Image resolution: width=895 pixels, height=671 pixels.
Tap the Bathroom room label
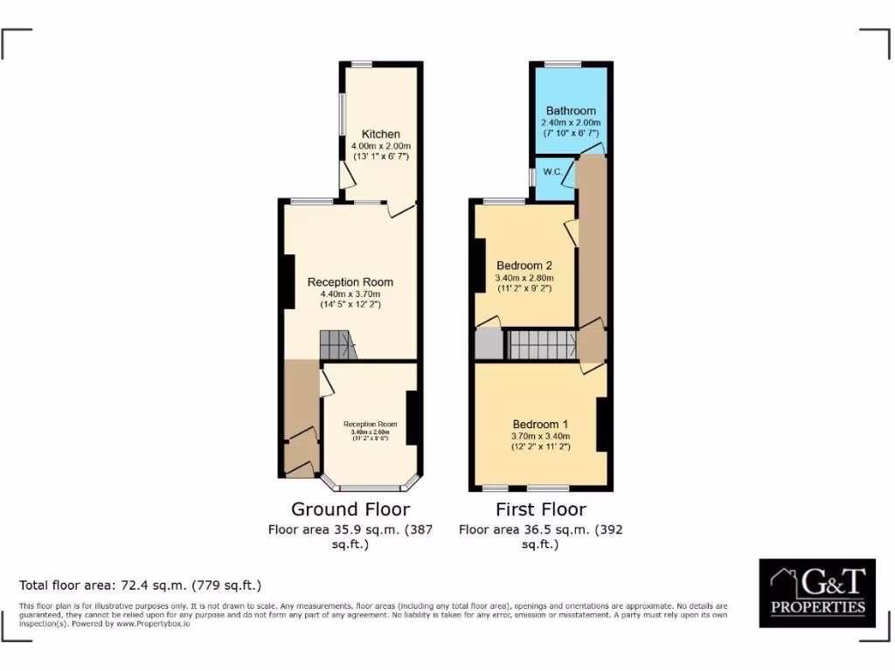point(571,111)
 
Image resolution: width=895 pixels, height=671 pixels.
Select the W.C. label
point(552,171)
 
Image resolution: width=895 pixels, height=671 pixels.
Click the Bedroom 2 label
point(524,266)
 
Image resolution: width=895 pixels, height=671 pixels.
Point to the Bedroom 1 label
point(540,424)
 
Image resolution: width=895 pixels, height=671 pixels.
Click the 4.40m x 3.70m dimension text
point(350,294)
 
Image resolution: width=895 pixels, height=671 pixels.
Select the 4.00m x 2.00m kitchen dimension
point(380,145)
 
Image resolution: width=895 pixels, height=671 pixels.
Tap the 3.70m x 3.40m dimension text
point(540,436)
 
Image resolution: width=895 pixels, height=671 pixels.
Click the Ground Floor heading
point(350,509)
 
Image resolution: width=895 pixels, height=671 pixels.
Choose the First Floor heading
point(540,509)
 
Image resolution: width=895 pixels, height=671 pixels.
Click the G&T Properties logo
point(817,593)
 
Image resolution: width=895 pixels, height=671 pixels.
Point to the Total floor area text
point(140,585)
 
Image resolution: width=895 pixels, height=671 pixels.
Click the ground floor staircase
point(337,345)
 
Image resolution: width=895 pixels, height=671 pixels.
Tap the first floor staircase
point(541,345)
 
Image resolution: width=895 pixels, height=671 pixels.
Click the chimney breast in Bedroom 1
point(601,425)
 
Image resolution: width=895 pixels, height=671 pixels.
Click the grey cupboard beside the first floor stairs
point(489,344)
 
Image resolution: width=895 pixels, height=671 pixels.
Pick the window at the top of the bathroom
point(563,64)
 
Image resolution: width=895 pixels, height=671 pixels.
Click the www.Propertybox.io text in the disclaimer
point(154,624)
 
